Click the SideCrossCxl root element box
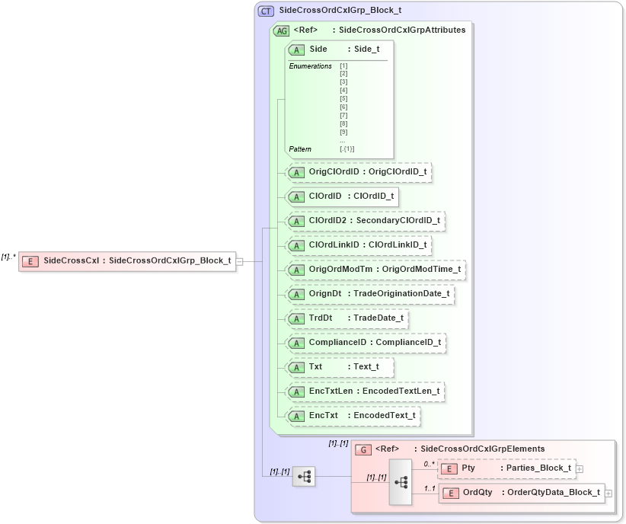(126, 260)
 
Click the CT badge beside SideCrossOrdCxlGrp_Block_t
(266, 11)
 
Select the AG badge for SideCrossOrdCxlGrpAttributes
(281, 30)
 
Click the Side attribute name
(318, 49)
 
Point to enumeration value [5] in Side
(343, 98)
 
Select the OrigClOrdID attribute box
(357, 172)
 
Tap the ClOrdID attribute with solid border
(341, 196)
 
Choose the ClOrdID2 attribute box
(364, 221)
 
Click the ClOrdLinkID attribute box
(357, 245)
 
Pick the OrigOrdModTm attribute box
(373, 270)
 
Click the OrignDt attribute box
(369, 294)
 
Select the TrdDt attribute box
(346, 318)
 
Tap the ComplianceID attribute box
(365, 343)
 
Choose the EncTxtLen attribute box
(363, 391)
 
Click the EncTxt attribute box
(352, 416)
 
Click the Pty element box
(506, 468)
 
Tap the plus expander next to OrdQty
(608, 494)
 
